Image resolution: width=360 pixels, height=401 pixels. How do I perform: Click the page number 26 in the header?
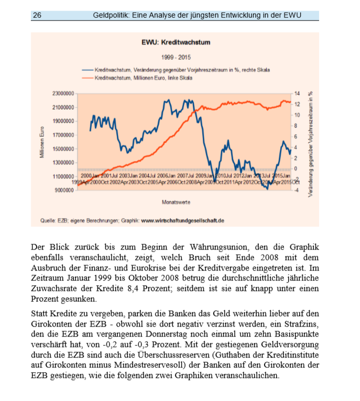click(37, 15)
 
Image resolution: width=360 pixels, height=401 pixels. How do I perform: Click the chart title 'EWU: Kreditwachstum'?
click(176, 42)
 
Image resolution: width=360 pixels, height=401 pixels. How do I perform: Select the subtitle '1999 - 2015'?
click(175, 57)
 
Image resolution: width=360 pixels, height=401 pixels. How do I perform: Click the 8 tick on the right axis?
click(297, 126)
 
